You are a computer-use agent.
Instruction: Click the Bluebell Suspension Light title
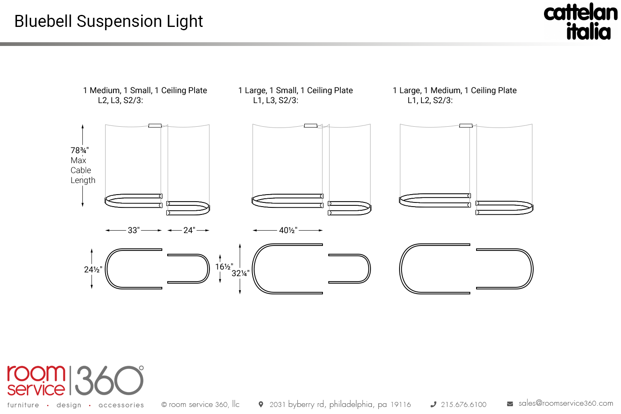pos(108,22)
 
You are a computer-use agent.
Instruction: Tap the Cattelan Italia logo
pos(581,22)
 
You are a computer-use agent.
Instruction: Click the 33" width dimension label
pos(133,230)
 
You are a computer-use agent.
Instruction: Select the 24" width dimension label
pos(189,230)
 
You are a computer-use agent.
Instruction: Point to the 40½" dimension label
pos(288,230)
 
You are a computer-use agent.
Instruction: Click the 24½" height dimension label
pos(93,270)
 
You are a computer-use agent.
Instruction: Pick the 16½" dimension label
pos(224,267)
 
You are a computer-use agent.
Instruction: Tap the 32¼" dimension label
pos(240,273)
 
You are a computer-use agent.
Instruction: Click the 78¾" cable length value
pos(79,150)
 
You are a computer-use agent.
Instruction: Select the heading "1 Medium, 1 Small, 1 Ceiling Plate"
pos(145,90)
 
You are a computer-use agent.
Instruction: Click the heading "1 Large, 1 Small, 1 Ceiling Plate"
pos(296,90)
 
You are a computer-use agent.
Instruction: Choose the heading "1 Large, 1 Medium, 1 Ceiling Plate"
pos(455,90)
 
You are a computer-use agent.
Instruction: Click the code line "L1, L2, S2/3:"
pos(430,100)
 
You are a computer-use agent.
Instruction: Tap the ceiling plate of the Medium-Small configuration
pos(155,125)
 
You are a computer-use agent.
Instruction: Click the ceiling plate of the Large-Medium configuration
pos(466,125)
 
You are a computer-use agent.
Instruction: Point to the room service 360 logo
pos(75,381)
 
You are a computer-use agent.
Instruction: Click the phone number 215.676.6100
pos(464,404)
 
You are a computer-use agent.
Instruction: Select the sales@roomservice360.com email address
pos(566,403)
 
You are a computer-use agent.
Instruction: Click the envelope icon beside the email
pos(510,404)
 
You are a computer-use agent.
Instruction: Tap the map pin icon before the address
pos(261,404)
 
